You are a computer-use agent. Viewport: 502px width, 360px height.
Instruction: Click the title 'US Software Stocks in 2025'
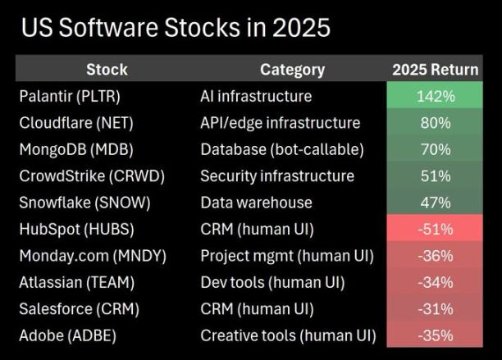(176, 28)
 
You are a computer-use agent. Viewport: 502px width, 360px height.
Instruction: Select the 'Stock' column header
(107, 70)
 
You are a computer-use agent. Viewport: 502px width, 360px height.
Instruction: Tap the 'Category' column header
(292, 70)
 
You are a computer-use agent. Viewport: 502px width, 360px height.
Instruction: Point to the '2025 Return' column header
(435, 70)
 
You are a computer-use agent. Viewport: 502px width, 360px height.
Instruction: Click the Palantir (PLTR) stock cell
(70, 97)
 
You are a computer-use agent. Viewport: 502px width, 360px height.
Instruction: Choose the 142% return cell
(435, 97)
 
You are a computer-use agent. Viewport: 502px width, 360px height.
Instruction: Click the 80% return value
(435, 123)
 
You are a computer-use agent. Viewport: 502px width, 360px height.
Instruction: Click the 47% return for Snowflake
(435, 203)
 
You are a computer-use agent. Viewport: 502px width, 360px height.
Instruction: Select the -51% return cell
(435, 230)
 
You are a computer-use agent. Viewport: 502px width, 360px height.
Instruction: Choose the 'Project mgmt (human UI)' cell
(287, 256)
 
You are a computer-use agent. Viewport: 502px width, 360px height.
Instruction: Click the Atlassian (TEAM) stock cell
(75, 283)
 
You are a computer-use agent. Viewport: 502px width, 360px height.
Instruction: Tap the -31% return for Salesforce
(435, 309)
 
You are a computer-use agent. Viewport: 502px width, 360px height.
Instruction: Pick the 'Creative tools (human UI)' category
(288, 335)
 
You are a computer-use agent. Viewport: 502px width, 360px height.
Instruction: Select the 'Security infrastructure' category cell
(277, 176)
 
